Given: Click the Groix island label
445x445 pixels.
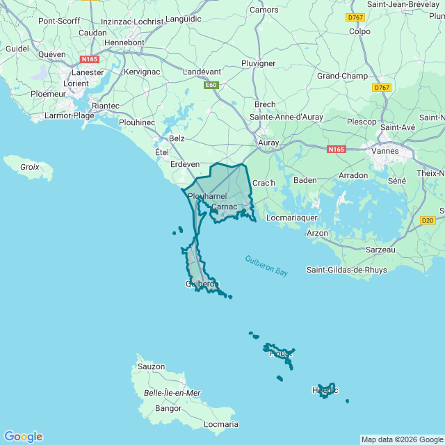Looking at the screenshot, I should pyautogui.click(x=29, y=167).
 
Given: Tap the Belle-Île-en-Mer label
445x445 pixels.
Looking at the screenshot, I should pyautogui.click(x=172, y=393).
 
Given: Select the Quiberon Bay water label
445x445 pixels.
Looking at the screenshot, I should pyautogui.click(x=266, y=266).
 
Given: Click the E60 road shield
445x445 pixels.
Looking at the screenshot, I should pyautogui.click(x=211, y=86).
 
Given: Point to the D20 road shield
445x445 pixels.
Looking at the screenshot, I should pyautogui.click(x=428, y=220).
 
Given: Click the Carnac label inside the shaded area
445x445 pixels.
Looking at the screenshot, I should pyautogui.click(x=224, y=207).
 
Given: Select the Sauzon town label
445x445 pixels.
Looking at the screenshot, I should pyautogui.click(x=151, y=366).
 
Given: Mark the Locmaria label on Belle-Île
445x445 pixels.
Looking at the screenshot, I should pyautogui.click(x=221, y=424).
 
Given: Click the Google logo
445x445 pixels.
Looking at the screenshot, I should pyautogui.click(x=23, y=437).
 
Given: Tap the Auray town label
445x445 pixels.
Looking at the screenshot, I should pyautogui.click(x=268, y=143).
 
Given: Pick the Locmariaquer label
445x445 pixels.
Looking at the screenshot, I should pyautogui.click(x=292, y=218).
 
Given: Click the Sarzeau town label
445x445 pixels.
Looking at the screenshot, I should pyautogui.click(x=380, y=250).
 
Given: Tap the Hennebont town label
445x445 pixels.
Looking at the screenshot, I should pyautogui.click(x=124, y=42).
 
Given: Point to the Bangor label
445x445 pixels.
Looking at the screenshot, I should pyautogui.click(x=168, y=408).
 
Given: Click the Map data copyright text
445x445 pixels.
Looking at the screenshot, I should pyautogui.click(x=402, y=439).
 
